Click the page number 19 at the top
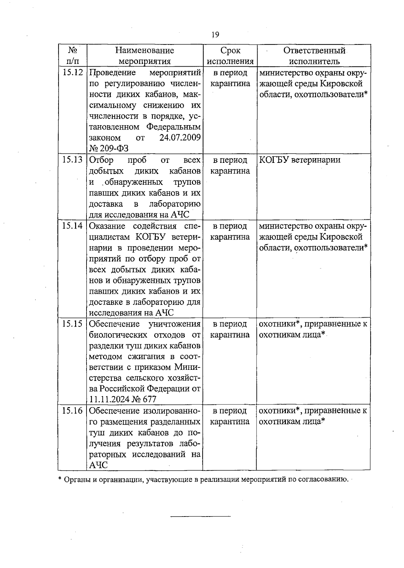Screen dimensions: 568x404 click(x=215, y=34)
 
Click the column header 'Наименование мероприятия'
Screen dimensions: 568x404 click(x=145, y=56)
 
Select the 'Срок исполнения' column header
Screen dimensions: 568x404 click(x=230, y=56)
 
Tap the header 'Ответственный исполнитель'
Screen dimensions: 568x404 click(x=314, y=56)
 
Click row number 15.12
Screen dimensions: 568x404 click(x=72, y=73)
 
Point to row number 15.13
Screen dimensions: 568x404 click(x=72, y=160)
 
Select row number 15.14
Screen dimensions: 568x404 click(x=72, y=226)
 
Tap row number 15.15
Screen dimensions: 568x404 click(x=72, y=324)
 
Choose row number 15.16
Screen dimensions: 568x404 click(x=72, y=411)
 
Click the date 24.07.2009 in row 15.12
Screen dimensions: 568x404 click(x=180, y=138)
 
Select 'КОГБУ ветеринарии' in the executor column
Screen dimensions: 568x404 click(x=300, y=160)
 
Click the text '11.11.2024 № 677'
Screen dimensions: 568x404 click(x=123, y=399)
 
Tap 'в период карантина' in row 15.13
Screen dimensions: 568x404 click(x=230, y=165)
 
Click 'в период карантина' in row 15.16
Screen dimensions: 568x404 click(x=230, y=416)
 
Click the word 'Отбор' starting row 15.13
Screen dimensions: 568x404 click(x=101, y=160)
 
